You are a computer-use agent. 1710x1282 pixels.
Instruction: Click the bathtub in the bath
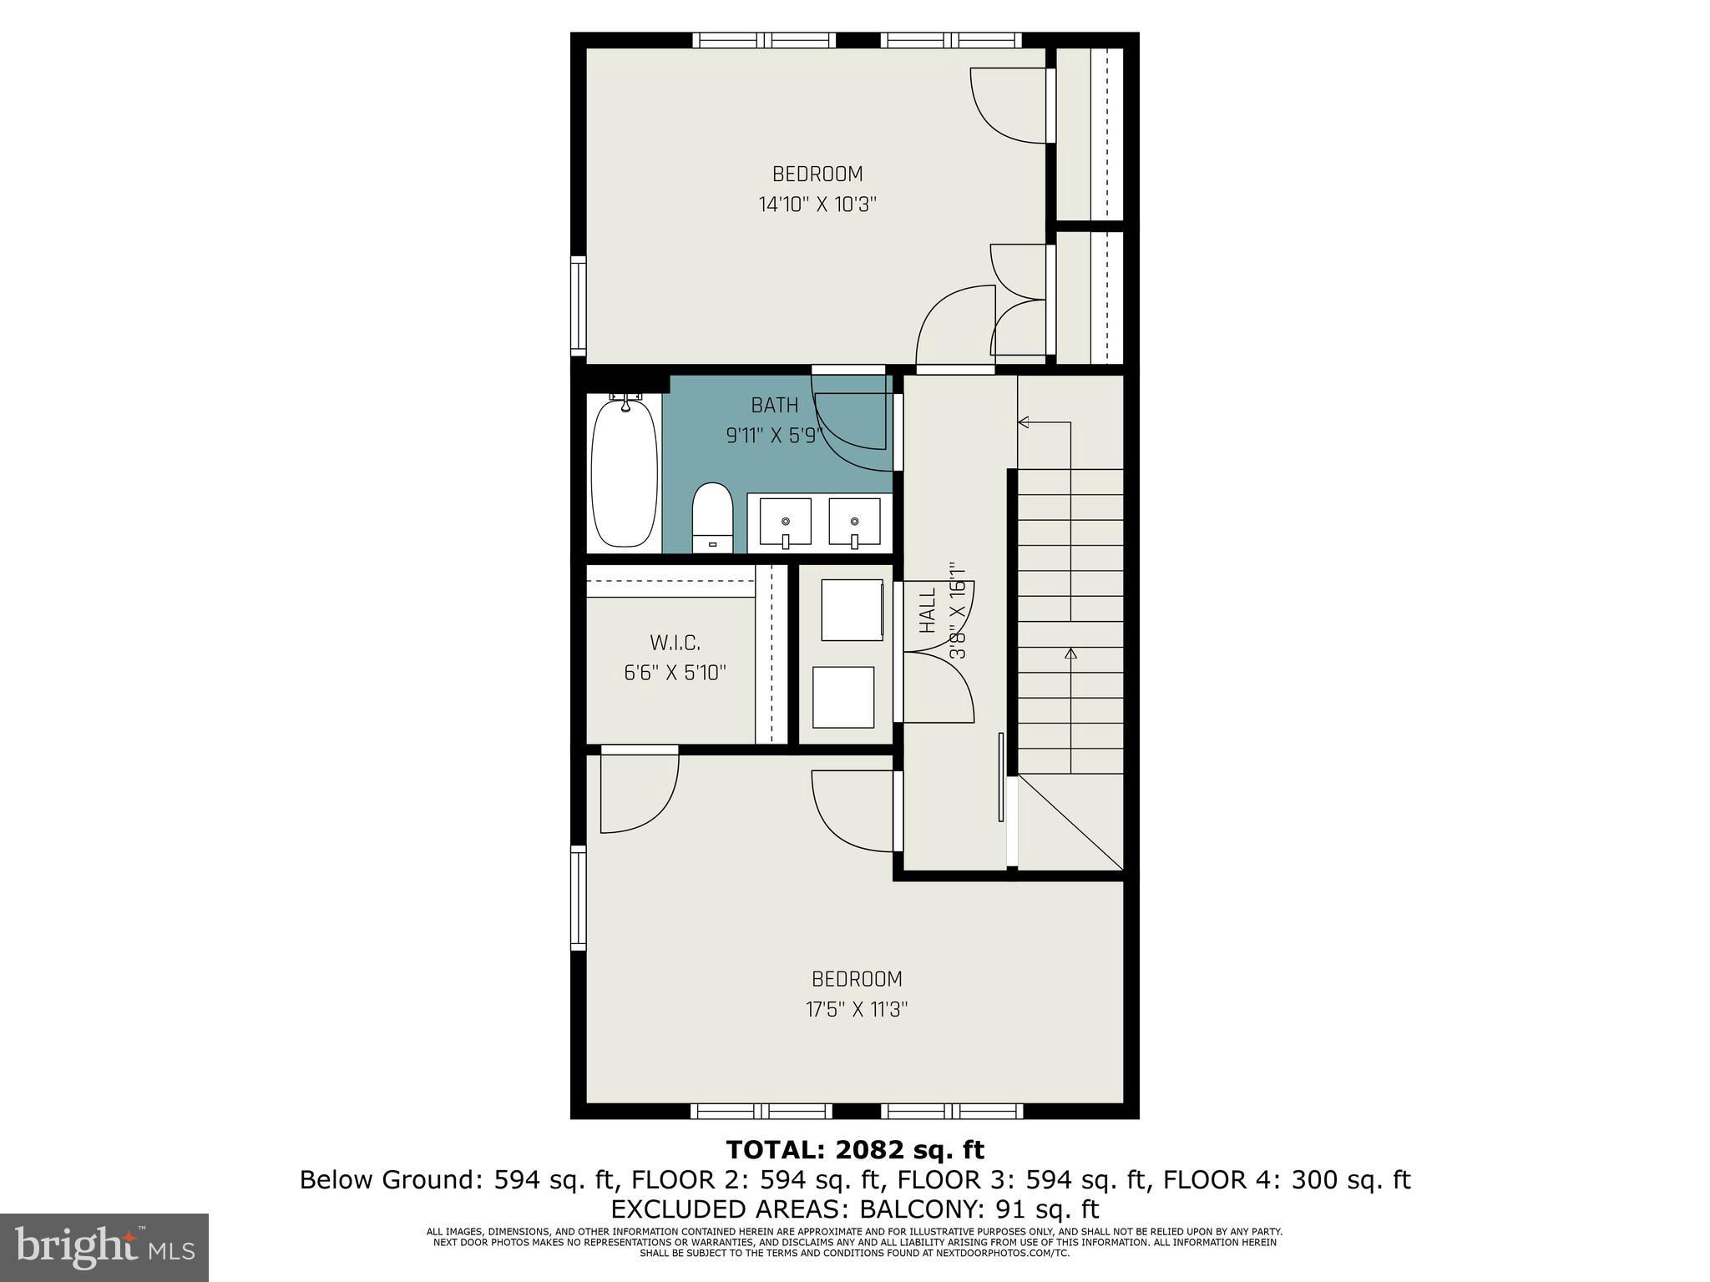(x=625, y=472)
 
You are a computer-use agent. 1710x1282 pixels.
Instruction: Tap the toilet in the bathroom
(x=712, y=517)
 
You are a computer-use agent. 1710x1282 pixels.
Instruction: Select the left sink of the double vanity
(x=785, y=523)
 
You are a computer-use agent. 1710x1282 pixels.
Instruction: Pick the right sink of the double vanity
(x=854, y=523)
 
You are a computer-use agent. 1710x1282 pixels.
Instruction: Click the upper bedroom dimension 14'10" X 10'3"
(x=817, y=204)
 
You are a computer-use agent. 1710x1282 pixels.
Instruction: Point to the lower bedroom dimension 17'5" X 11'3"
(x=857, y=1010)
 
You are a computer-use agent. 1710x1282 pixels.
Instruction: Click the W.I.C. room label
(x=675, y=643)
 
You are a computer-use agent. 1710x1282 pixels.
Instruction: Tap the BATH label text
(x=775, y=406)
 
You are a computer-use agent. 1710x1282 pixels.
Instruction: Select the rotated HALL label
(x=928, y=609)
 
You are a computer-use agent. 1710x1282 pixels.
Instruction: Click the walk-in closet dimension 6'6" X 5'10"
(x=675, y=673)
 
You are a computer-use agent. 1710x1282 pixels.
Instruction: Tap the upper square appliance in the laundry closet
(x=852, y=610)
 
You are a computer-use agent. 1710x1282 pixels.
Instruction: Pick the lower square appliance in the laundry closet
(x=843, y=697)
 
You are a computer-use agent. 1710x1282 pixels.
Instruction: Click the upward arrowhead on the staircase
(x=1070, y=654)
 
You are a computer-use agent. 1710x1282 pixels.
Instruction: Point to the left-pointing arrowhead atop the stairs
(x=1023, y=423)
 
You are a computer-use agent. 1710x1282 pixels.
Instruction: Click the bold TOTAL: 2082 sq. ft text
(x=855, y=1150)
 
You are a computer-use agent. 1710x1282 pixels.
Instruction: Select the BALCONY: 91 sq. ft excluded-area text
(x=979, y=1209)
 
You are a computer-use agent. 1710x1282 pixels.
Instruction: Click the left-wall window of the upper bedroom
(x=578, y=305)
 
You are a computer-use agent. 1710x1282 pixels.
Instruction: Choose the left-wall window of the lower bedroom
(x=578, y=897)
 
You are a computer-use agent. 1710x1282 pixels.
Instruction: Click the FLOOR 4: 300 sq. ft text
(x=1287, y=1180)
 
